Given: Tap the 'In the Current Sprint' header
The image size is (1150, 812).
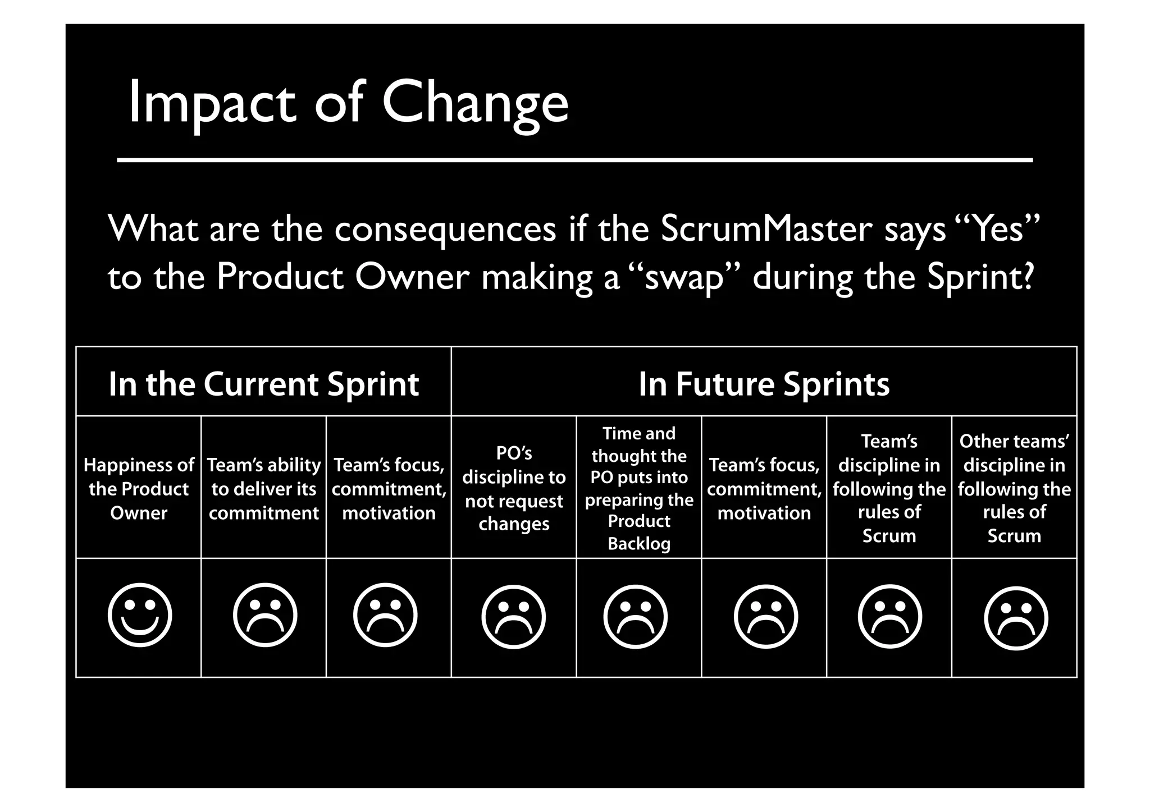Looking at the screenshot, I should point(263,384).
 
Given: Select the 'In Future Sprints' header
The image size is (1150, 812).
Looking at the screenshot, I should point(764,384).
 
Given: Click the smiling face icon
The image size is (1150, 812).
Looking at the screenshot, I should point(139,615).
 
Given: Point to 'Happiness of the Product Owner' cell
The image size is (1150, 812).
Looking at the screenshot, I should point(139,489).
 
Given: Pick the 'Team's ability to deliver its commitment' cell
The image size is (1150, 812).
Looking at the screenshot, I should point(263,489).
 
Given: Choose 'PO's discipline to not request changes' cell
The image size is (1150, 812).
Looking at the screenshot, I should point(514,488).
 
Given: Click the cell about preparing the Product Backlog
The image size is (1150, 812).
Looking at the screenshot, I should point(639,488).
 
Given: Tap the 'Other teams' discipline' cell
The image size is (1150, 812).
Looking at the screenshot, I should point(1014,488).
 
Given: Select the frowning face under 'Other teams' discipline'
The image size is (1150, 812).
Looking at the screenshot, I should point(1016,618).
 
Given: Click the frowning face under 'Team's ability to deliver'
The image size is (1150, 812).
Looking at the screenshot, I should point(265,615).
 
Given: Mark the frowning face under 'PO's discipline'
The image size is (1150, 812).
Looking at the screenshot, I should point(513,617).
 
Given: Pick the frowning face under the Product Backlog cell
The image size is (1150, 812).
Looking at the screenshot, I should point(635,617).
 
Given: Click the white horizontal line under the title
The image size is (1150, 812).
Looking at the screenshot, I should point(574,160).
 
